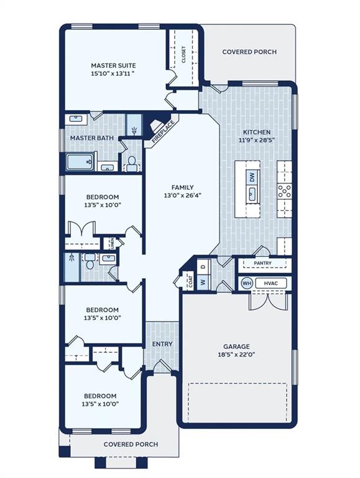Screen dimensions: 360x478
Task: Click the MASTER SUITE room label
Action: pos(113,65)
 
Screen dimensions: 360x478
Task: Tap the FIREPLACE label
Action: pos(164,132)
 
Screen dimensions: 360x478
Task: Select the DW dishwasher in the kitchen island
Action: pos(252,177)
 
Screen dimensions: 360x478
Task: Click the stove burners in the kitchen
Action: pos(284,192)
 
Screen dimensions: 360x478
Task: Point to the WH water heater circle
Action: pos(247,283)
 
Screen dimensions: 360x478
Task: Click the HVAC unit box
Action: pos(270,283)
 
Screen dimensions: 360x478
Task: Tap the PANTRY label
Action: pos(262,263)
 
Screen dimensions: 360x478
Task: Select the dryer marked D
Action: pos(203,266)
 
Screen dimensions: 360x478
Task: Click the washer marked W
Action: pos(203,282)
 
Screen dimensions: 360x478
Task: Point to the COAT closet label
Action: pos(191,281)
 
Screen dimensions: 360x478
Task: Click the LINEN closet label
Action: pos(112,243)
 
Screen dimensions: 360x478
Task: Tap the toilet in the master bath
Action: pos(132,164)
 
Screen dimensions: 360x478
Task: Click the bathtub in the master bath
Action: pos(80,162)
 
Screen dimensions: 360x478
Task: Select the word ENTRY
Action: pos(162,344)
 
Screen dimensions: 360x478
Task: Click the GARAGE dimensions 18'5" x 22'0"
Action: pos(236,355)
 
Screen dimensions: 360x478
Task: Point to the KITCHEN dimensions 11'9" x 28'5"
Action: pos(257,141)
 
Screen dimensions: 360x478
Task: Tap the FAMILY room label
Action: pos(182,187)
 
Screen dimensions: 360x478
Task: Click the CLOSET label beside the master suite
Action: pos(183,55)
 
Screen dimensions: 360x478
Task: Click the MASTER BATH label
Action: pos(92,138)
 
